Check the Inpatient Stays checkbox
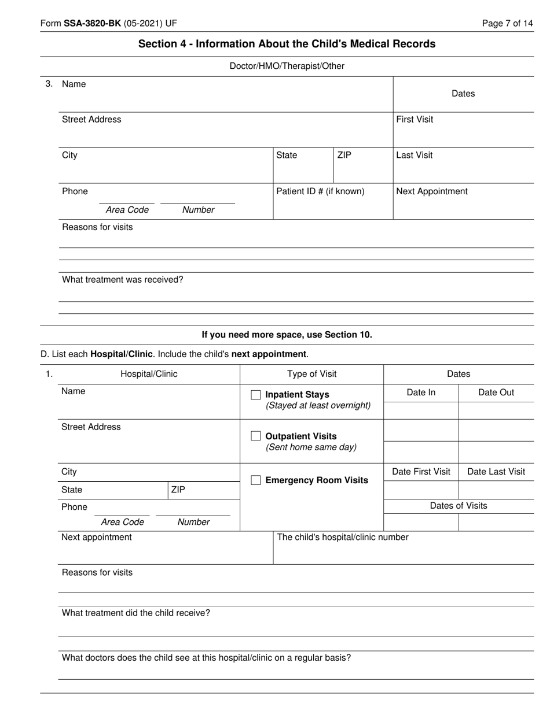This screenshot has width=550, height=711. pos(256,395)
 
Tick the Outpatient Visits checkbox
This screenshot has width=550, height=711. pos(256,436)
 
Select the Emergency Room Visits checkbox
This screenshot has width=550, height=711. pos(256,480)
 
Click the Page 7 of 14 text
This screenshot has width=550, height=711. pos(507,24)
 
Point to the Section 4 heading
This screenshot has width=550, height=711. pos(287,44)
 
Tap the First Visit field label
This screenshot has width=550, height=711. pos(415,120)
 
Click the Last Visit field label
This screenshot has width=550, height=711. pos(414,155)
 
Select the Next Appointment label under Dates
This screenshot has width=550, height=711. pos(432,191)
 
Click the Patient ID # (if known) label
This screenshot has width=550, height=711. pos(320,191)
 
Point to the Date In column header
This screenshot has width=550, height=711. pos(421,392)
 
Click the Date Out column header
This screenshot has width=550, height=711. pos(496,392)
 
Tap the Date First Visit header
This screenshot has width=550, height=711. pos(421,472)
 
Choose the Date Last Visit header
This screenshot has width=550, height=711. pos(496,472)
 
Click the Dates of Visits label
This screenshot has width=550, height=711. pos(459,506)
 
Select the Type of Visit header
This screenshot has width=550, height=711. pos(311,374)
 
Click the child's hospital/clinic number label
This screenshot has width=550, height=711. pos(343,538)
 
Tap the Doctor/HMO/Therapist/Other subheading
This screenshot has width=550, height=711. pos(287,66)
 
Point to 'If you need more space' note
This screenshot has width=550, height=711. pos(287,335)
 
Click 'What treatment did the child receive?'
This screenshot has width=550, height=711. pos(136,613)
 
